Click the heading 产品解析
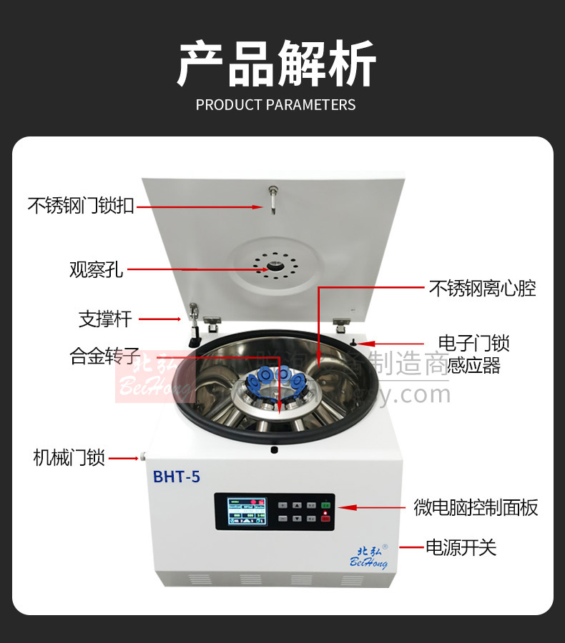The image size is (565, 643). pyautogui.click(x=276, y=64)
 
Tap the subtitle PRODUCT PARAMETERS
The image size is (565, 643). pyautogui.click(x=275, y=105)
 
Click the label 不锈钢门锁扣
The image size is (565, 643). pyautogui.click(x=80, y=206)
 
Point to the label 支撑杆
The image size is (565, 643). pyautogui.click(x=104, y=319)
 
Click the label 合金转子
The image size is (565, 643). pyautogui.click(x=104, y=356)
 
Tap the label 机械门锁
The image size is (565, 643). pyautogui.click(x=69, y=457)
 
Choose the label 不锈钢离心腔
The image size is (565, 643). pyautogui.click(x=482, y=289)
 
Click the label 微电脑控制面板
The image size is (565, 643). pyautogui.click(x=476, y=508)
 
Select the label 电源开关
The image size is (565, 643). pyautogui.click(x=461, y=548)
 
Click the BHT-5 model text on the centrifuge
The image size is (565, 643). pyautogui.click(x=176, y=477)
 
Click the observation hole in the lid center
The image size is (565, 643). pyautogui.click(x=275, y=267)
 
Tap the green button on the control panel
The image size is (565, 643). pyautogui.click(x=325, y=506)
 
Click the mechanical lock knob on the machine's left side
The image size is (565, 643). pyautogui.click(x=143, y=456)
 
